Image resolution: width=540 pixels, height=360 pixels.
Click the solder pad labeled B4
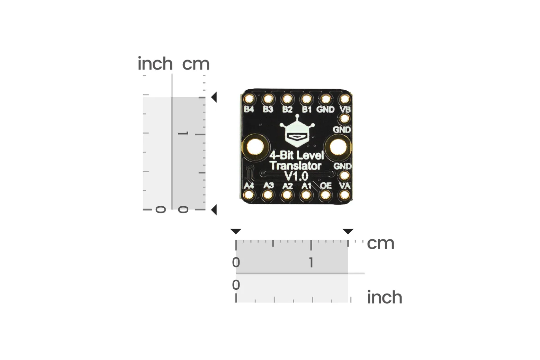(x=249, y=99)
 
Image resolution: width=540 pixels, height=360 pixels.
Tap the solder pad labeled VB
(x=345, y=99)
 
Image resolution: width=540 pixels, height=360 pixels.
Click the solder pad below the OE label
(x=325, y=195)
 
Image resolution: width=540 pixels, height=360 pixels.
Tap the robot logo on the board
(x=297, y=131)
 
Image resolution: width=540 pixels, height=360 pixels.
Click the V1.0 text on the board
(x=297, y=176)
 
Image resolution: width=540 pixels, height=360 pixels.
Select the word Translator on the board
(x=296, y=166)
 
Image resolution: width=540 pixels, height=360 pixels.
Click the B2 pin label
(x=287, y=109)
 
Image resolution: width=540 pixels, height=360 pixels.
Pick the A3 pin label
(x=268, y=186)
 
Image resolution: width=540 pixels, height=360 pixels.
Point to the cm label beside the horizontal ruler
(x=380, y=243)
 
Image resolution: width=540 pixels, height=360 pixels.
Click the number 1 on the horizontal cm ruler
(x=311, y=262)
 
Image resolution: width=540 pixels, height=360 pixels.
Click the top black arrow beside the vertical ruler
(x=214, y=97)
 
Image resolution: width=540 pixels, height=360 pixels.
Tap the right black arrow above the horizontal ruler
(x=348, y=232)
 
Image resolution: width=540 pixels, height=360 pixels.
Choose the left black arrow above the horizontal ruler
(x=236, y=232)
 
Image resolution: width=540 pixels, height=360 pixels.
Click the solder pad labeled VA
(x=345, y=195)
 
